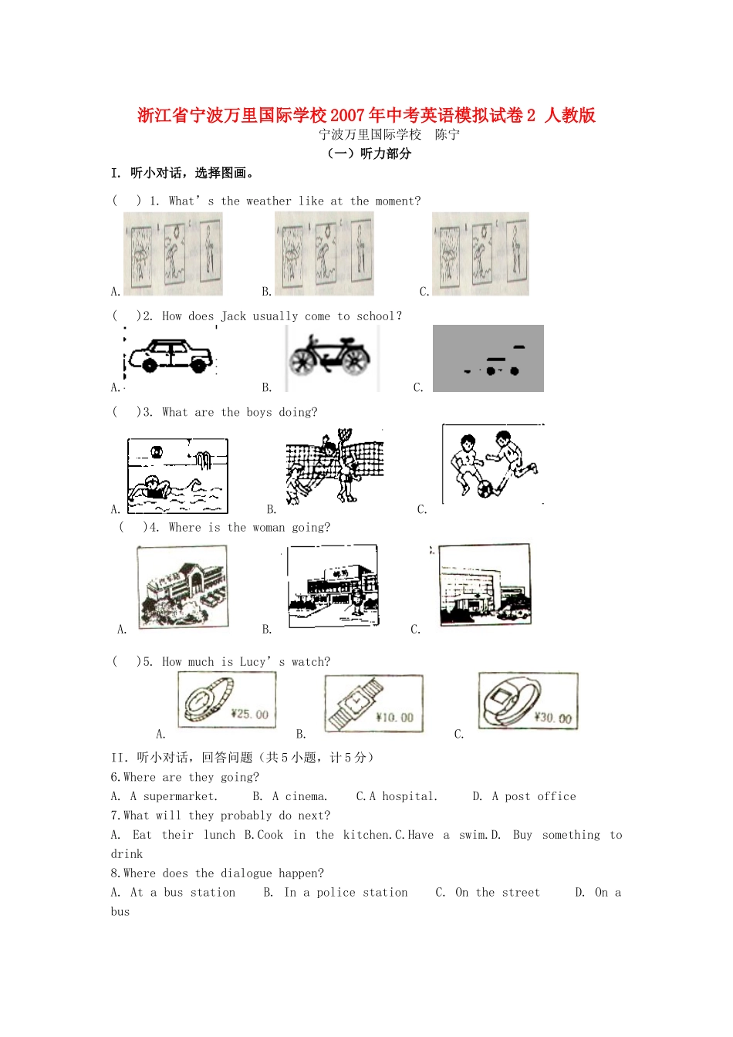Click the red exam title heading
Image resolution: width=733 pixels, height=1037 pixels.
[366, 115]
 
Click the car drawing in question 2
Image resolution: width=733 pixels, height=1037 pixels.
[171, 356]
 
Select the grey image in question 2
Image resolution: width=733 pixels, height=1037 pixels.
[488, 358]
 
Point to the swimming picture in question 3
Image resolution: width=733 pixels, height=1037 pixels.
[177, 476]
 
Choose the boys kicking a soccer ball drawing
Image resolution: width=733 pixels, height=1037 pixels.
[493, 464]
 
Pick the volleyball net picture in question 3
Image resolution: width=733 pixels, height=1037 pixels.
[334, 466]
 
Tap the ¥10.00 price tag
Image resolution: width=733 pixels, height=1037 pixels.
[394, 718]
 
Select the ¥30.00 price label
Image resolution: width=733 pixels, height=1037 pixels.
[553, 718]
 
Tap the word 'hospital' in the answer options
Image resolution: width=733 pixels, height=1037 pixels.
[410, 797]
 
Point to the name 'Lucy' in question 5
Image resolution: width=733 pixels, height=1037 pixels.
[252, 662]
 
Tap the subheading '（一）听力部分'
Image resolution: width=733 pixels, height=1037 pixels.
[369, 154]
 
